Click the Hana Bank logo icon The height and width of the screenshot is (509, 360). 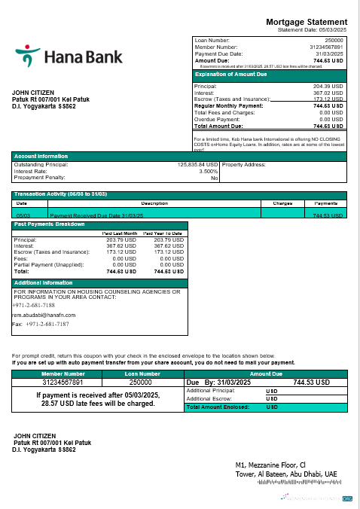coord(28,56)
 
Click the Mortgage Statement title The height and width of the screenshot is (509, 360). coord(307,22)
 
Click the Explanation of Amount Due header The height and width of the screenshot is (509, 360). coord(230,75)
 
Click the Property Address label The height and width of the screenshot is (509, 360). coord(245,164)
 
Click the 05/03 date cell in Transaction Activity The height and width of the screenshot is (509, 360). coord(22,215)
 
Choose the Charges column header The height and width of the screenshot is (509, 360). coord(282,203)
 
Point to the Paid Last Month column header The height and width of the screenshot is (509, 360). coord(119,234)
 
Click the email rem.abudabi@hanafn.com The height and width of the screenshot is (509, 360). coord(45,315)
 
